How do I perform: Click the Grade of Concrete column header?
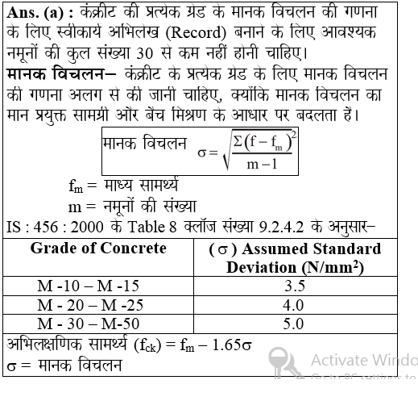click(97, 247)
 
